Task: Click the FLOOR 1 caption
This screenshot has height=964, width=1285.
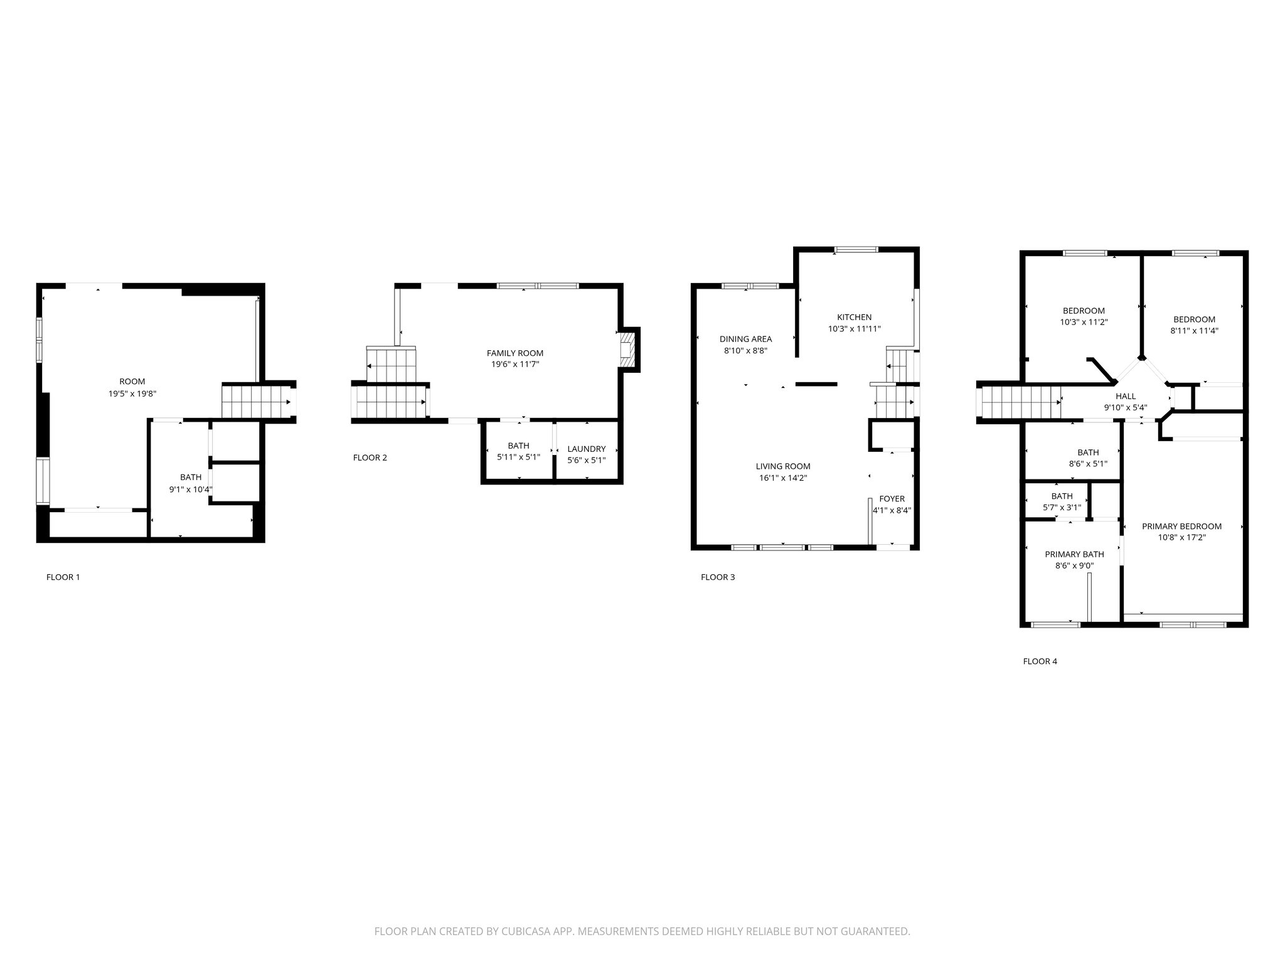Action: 63,577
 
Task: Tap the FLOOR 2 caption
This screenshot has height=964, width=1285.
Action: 370,458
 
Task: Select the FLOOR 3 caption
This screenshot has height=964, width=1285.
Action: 718,577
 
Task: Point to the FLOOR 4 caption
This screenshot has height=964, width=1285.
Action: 1040,661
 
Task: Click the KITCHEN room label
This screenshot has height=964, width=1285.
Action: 854,318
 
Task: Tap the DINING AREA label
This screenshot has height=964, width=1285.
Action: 745,340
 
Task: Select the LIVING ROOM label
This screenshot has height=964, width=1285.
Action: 783,466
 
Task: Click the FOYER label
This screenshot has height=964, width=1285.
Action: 892,499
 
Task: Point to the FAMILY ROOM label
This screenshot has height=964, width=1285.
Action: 515,353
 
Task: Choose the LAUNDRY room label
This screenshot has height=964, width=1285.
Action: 587,449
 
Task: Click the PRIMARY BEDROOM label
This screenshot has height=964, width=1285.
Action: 1181,527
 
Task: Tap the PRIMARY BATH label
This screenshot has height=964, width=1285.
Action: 1074,554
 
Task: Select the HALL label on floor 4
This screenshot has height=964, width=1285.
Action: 1126,396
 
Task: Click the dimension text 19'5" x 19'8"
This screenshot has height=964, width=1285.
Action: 132,394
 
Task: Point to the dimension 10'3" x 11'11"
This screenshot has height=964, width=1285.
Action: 854,329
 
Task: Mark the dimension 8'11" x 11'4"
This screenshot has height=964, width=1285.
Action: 1194,331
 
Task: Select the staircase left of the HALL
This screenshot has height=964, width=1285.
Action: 1020,402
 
